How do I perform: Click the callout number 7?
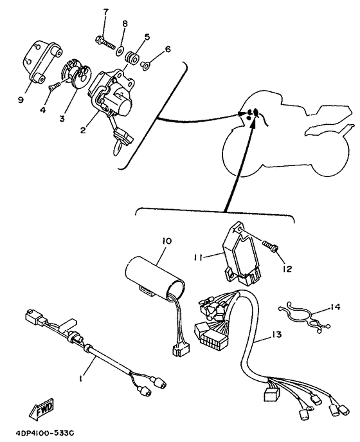pos(106,12)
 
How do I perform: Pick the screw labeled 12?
pos(269,245)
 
